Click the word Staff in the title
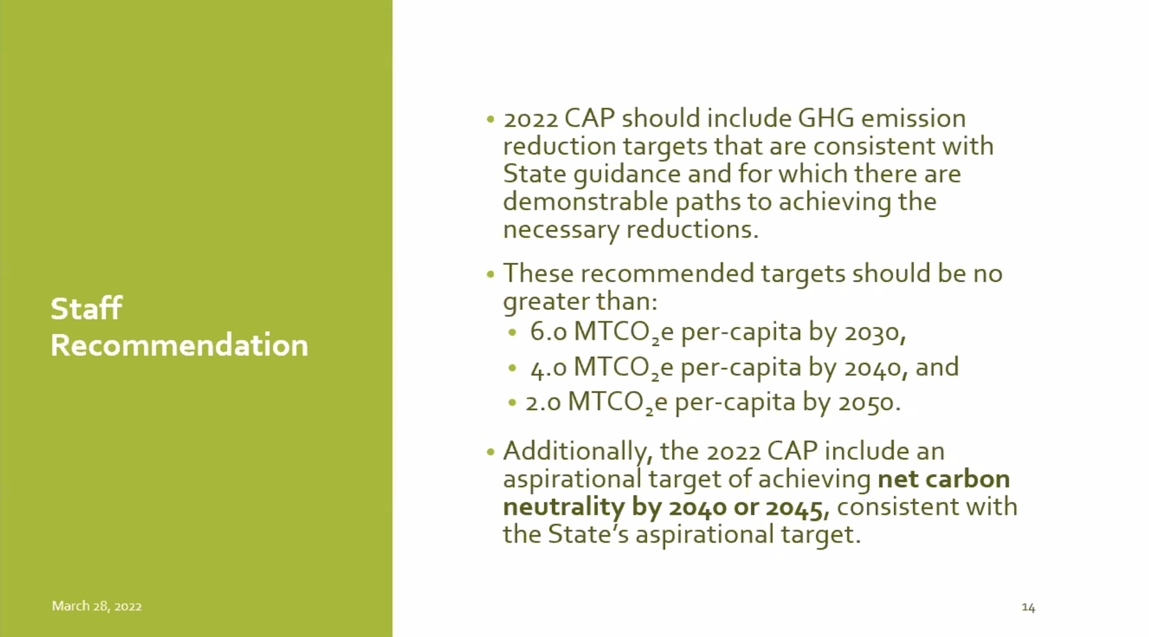[x=86, y=309]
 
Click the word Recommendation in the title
[x=179, y=344]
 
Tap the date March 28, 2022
[x=96, y=606]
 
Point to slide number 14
[x=1028, y=607]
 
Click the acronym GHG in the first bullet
[x=826, y=118]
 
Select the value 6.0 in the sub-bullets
[x=548, y=332]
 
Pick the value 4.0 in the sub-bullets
[x=548, y=367]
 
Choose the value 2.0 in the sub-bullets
[x=542, y=402]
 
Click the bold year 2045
[x=797, y=507]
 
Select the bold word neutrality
[x=564, y=507]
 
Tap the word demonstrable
[x=586, y=201]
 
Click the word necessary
[x=561, y=229]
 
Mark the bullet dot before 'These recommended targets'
[x=490, y=274]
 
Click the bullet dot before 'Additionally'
[x=490, y=452]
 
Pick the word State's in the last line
[x=588, y=534]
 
